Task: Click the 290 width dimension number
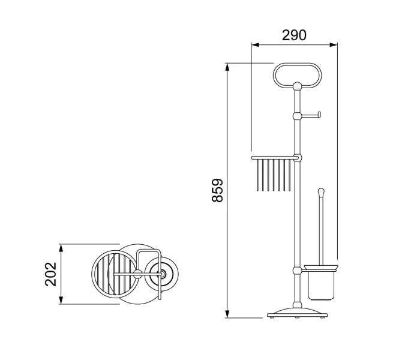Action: [x=294, y=35]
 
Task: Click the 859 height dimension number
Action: [x=217, y=190]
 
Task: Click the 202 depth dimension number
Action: [x=50, y=274]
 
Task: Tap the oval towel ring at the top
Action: [x=297, y=65]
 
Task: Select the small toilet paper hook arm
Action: [x=311, y=116]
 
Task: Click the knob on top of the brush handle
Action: [x=321, y=192]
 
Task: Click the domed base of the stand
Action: [x=297, y=312]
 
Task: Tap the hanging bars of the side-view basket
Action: [x=274, y=175]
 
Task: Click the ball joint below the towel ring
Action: [x=297, y=86]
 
